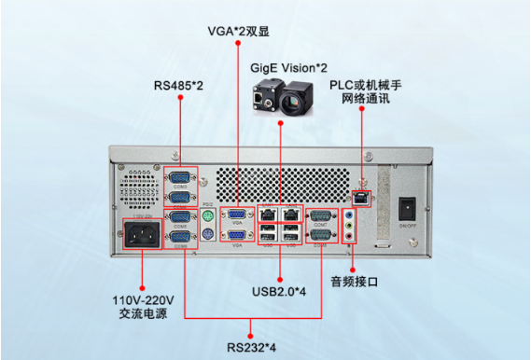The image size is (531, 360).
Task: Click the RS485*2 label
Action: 177,87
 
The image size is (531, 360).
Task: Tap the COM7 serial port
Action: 320,215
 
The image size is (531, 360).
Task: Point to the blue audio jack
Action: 350,214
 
